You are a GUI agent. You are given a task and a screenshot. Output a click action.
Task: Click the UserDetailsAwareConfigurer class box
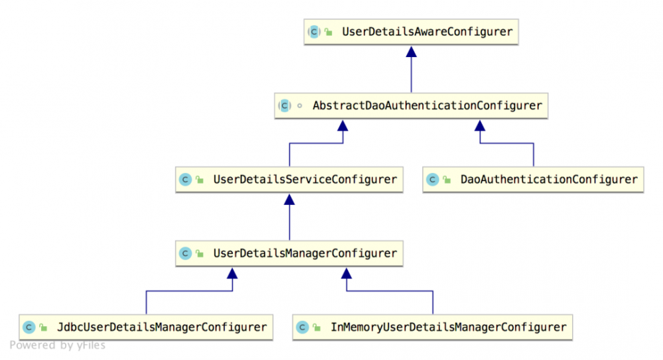(x=411, y=32)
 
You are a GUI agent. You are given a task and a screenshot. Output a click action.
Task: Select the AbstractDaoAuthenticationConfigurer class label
(x=427, y=105)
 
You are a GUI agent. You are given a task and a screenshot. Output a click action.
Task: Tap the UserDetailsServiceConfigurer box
(x=289, y=179)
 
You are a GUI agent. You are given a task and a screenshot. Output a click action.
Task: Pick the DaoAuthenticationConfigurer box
(x=533, y=179)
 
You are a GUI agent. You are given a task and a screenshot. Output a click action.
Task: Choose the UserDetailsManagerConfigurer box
(x=289, y=253)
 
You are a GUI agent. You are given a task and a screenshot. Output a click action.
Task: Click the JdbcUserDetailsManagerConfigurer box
(x=146, y=327)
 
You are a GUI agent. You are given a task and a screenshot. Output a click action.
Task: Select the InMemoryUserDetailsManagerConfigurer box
(x=432, y=327)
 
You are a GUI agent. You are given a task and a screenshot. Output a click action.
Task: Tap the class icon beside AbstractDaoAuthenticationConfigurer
(x=284, y=105)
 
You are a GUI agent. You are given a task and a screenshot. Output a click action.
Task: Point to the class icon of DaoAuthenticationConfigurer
(x=433, y=180)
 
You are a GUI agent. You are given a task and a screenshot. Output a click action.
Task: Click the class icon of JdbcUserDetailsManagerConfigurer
(x=29, y=327)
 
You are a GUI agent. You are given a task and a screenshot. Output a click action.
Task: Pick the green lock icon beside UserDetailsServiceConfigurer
(x=200, y=180)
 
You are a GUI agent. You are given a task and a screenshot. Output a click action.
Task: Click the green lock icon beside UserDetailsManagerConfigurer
(x=200, y=253)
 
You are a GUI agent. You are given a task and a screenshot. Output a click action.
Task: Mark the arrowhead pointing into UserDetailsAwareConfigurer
(x=411, y=51)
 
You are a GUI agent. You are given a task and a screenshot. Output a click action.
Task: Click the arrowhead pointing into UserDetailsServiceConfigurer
(x=289, y=199)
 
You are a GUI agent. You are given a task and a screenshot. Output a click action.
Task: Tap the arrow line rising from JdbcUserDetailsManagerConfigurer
(x=146, y=302)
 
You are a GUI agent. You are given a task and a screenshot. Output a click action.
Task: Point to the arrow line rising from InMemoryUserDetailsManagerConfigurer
(x=432, y=302)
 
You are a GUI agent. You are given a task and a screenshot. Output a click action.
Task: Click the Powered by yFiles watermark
(x=57, y=345)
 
